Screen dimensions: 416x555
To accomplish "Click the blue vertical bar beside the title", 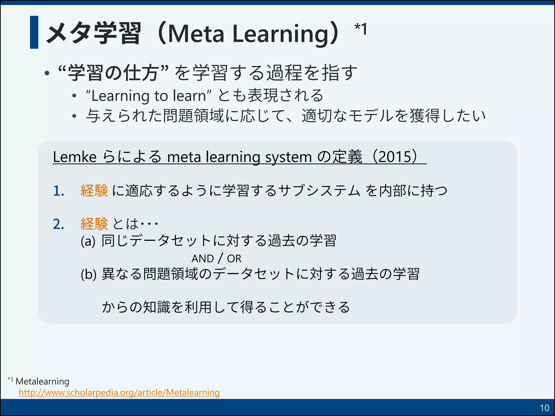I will [x=34, y=32].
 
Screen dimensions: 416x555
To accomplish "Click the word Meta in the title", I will [x=196, y=34].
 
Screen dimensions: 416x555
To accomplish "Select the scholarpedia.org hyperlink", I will [x=119, y=392].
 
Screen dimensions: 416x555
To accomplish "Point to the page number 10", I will [x=544, y=408].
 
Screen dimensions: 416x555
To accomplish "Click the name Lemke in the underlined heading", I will [x=75, y=157].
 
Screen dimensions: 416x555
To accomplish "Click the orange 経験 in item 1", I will [x=94, y=190].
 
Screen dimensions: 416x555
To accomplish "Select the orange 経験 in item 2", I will [x=94, y=224].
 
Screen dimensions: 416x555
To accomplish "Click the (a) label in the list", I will [x=88, y=241].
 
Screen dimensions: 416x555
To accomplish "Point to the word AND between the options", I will [x=203, y=259].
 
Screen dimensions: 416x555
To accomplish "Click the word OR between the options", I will [x=234, y=259].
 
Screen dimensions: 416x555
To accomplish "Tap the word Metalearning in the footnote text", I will [x=43, y=381].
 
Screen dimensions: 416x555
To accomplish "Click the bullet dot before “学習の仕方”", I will [x=47, y=73].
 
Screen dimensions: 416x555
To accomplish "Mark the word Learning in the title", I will [x=282, y=34].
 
